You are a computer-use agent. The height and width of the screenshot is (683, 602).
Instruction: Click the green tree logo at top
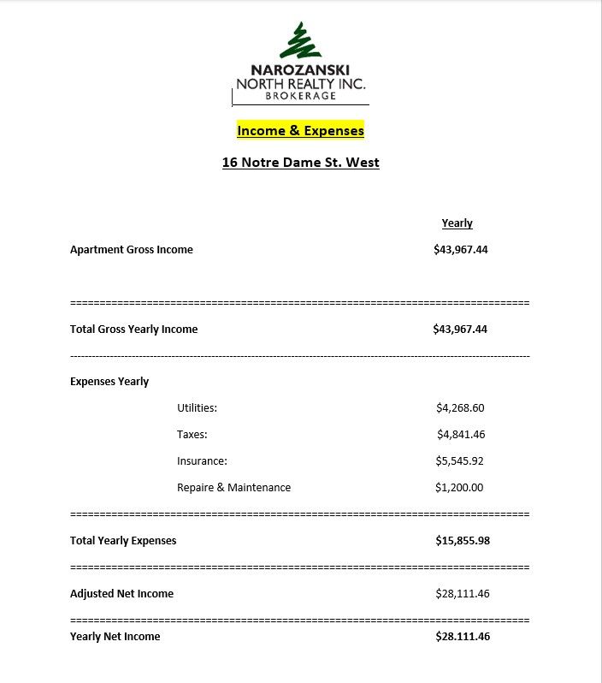click(300, 41)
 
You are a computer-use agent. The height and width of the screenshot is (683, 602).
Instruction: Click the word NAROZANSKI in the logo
click(300, 70)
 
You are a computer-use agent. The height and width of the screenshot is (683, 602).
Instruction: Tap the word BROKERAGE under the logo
click(300, 96)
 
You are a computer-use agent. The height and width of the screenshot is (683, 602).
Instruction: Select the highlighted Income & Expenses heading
click(300, 131)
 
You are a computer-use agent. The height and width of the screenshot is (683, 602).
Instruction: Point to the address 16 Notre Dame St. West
click(300, 163)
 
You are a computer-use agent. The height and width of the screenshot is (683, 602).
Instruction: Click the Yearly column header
click(457, 223)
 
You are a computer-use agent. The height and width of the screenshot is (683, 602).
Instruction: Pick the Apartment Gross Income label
click(132, 250)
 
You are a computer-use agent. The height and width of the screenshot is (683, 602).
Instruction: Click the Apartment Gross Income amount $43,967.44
click(460, 250)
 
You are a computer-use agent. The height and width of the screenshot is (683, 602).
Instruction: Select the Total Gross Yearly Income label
click(133, 330)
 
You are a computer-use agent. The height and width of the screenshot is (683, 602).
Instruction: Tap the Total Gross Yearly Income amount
click(460, 330)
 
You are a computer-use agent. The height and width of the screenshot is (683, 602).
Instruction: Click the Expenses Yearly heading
click(109, 382)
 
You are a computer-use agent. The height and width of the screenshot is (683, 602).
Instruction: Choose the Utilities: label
click(197, 408)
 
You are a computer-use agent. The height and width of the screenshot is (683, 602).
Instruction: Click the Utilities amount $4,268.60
click(460, 408)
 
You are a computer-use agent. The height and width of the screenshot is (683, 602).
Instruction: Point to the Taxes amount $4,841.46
click(460, 435)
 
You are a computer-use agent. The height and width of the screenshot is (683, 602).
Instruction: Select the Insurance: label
click(202, 461)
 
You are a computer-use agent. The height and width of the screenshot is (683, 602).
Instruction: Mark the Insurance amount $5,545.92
click(460, 461)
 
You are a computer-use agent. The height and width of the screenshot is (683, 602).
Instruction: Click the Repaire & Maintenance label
click(233, 488)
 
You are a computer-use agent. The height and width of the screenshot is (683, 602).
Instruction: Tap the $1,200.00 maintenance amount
click(459, 488)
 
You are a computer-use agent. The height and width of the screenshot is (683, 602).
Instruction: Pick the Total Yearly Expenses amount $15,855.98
click(462, 541)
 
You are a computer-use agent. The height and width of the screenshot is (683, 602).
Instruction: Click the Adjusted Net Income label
click(121, 594)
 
